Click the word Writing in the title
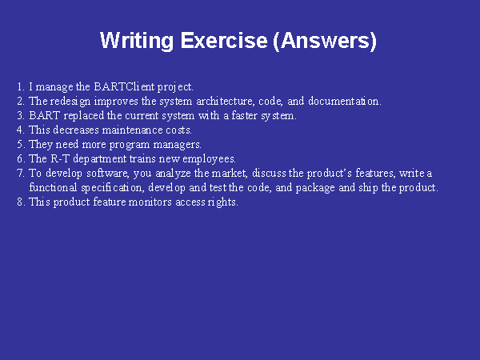[137, 41]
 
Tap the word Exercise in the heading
[224, 40]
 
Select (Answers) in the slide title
[325, 41]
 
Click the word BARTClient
[124, 86]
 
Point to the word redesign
[70, 102]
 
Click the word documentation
[345, 101]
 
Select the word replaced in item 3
[83, 116]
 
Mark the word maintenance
[132, 130]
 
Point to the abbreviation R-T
[60, 158]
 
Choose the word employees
[209, 159]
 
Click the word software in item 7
[107, 174]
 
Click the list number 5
[21, 144]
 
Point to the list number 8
[21, 202]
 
